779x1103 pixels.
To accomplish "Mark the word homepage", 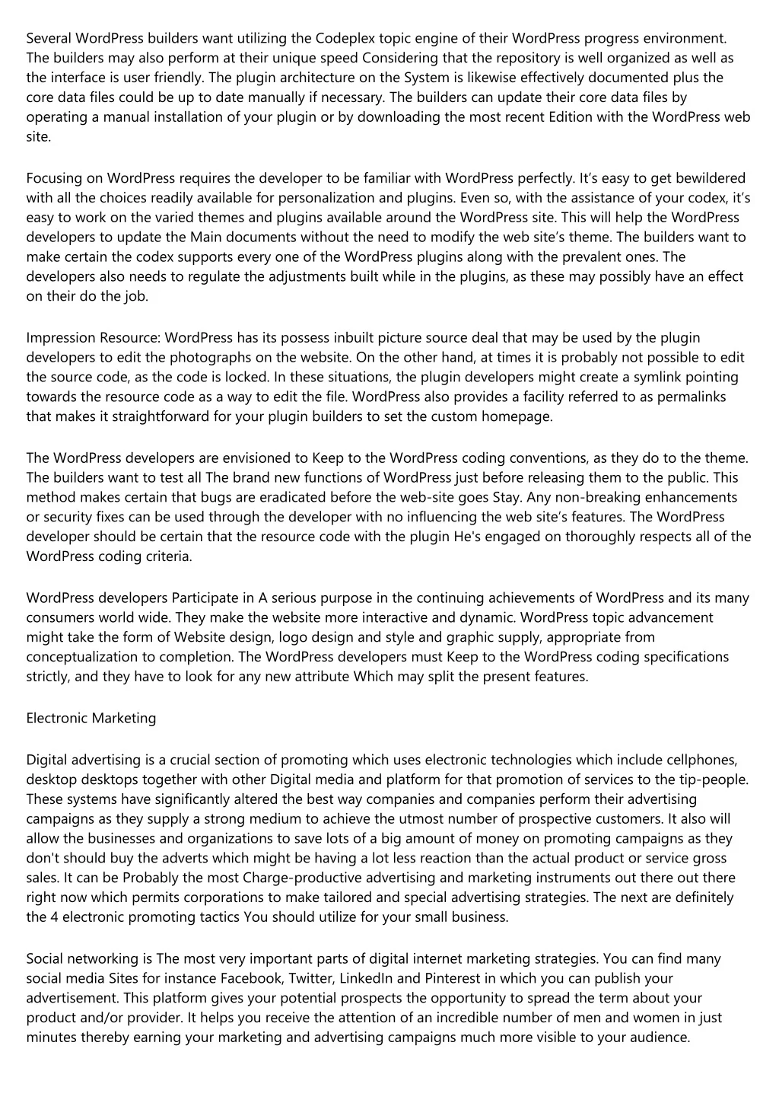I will [x=516, y=416].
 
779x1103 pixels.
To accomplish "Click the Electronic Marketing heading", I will [x=91, y=718].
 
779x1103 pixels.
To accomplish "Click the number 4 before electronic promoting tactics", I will [x=52, y=917].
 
